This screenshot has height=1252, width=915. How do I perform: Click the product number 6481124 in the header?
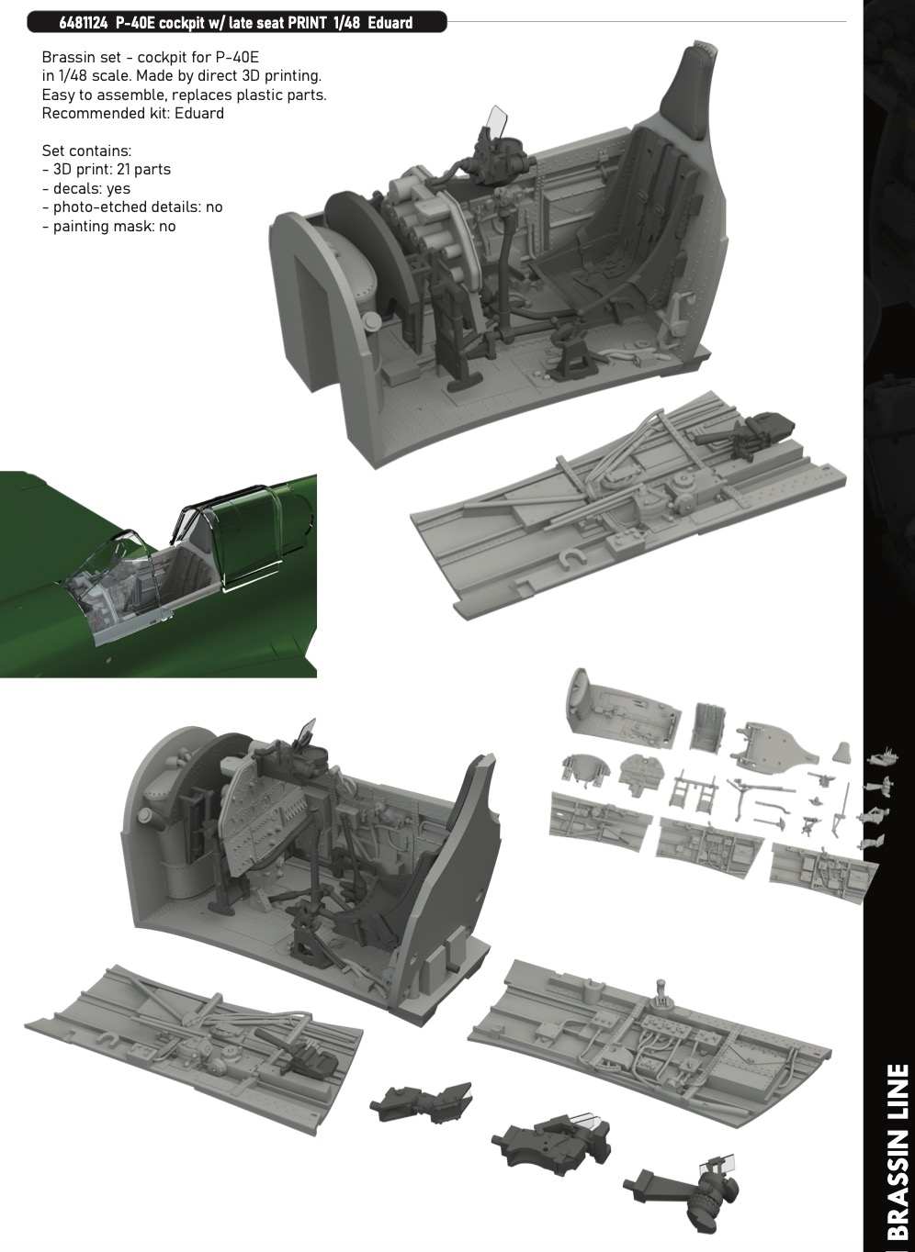83,23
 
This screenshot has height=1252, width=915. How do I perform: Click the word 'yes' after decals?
118,189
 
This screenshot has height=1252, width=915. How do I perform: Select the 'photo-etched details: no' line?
132,207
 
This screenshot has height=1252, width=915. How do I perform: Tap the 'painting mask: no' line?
109,227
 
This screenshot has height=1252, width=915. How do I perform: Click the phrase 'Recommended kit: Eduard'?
133,114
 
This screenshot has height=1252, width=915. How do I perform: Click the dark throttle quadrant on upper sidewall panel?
744,430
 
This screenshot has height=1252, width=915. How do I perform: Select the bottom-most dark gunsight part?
683,1190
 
